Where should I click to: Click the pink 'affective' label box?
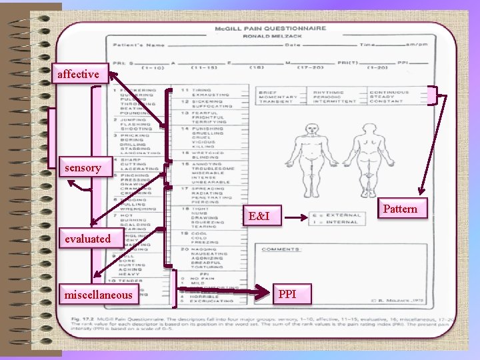(x=79, y=74)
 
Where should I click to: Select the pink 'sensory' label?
(x=83, y=168)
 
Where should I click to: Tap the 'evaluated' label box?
(x=87, y=239)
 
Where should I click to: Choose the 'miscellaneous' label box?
(x=98, y=294)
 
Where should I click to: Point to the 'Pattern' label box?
(x=401, y=209)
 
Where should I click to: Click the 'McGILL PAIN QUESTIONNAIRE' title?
(x=270, y=29)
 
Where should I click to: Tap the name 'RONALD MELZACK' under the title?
(x=270, y=37)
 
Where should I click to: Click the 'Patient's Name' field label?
(x=137, y=45)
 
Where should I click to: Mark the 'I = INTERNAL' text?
(x=343, y=223)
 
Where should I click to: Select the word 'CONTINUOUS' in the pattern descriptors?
(x=389, y=93)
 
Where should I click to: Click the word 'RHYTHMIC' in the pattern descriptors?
(x=329, y=93)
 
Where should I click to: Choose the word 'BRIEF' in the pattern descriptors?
(x=267, y=93)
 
